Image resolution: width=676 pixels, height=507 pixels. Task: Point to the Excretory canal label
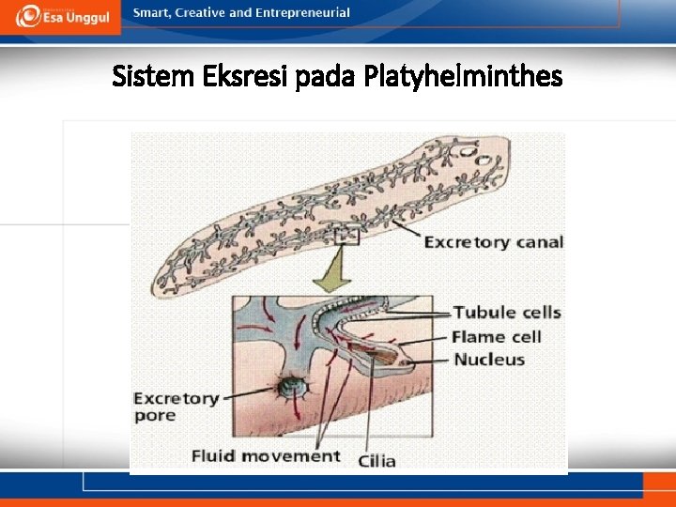[493, 242]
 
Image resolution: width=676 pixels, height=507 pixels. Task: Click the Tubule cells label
[507, 313]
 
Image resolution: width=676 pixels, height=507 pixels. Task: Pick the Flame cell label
[497, 336]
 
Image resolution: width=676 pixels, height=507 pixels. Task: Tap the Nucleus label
[489, 360]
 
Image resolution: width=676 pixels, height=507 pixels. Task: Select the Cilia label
[377, 460]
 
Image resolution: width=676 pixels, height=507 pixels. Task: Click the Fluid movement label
[266, 456]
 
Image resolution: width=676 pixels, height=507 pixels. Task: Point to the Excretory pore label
[176, 407]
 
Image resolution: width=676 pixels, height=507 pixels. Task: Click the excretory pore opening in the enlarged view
[284, 386]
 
